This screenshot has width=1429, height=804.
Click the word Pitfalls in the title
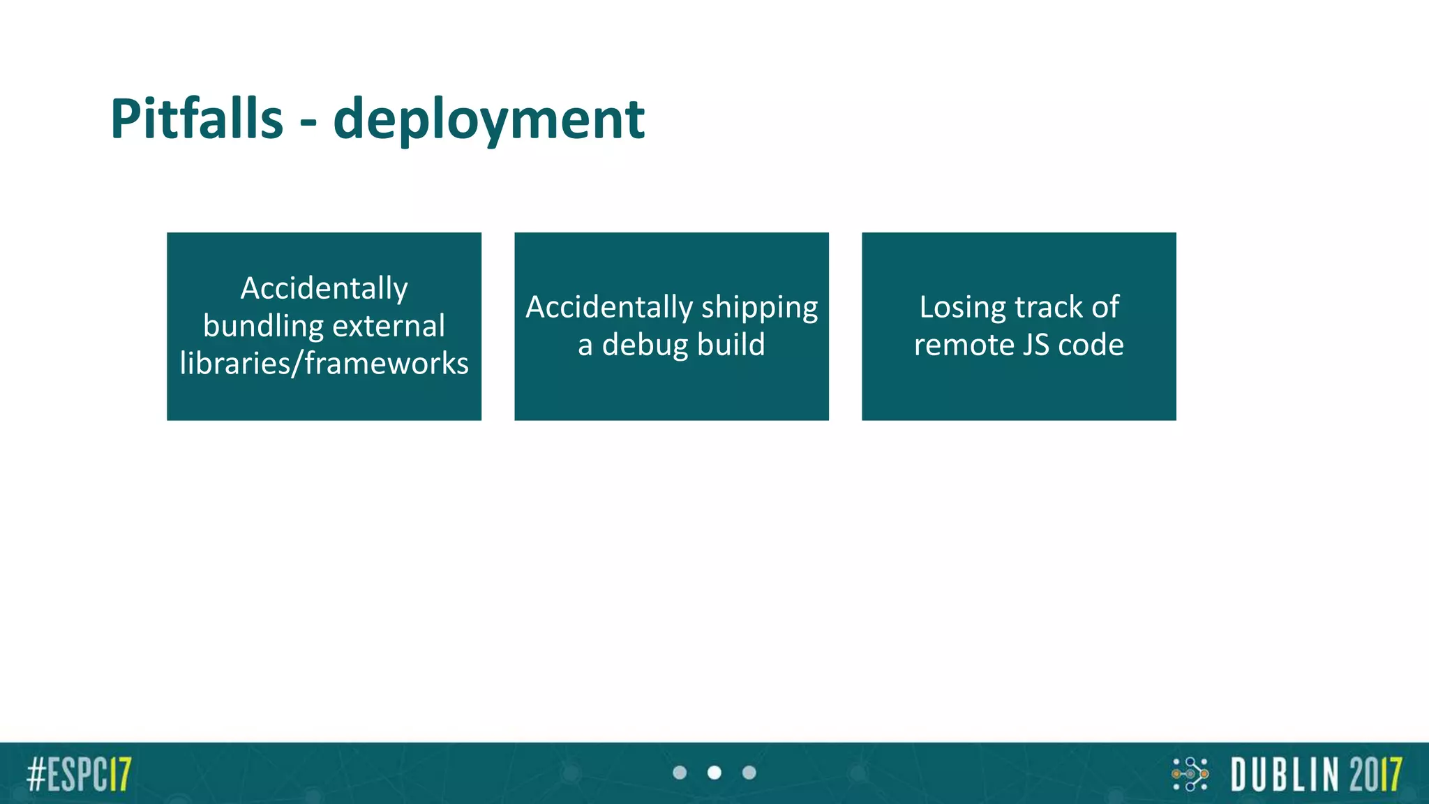[x=197, y=119]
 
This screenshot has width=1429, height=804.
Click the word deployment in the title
[x=489, y=120]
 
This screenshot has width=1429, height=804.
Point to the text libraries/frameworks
[x=324, y=364]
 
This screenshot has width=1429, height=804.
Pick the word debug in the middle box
[x=644, y=345]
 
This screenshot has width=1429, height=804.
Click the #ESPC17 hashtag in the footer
[x=79, y=774]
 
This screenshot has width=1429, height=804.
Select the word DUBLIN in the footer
[x=1285, y=774]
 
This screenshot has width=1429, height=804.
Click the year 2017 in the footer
[x=1375, y=774]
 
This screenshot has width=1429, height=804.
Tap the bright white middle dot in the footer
[x=714, y=773]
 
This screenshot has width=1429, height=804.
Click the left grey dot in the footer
[x=680, y=773]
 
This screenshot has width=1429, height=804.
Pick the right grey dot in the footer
[x=749, y=773]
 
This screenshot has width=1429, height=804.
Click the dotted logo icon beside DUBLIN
[x=1190, y=774]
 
